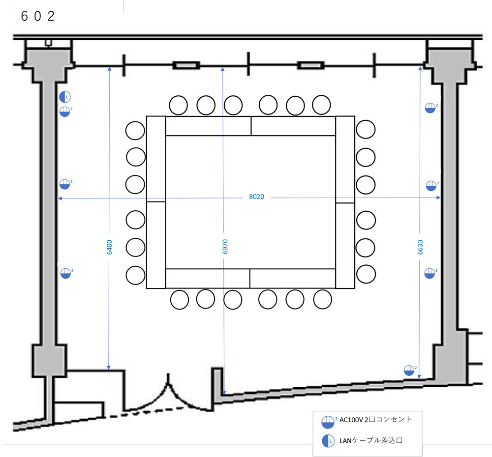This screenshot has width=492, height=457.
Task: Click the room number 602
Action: click(x=37, y=16)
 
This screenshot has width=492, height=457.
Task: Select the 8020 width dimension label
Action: click(x=256, y=197)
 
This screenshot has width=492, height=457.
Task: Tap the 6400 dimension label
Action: click(x=109, y=247)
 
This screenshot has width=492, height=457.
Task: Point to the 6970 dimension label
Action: click(x=224, y=246)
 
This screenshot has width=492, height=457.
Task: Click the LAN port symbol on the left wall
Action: click(x=65, y=97)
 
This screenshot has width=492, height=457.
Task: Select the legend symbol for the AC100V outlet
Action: click(x=328, y=422)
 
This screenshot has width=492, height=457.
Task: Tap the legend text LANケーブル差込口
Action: click(x=371, y=440)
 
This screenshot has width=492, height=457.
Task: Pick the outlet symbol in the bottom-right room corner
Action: click(x=409, y=371)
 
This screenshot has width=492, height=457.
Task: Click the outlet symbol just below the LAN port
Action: click(x=65, y=112)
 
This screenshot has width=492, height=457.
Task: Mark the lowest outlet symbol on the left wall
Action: click(x=65, y=273)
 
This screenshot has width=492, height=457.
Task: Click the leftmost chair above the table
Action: click(x=179, y=104)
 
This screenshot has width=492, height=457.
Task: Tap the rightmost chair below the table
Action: click(x=323, y=299)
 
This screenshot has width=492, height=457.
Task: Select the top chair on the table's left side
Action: click(x=135, y=131)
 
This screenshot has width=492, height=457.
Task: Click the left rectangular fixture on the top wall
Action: click(x=185, y=65)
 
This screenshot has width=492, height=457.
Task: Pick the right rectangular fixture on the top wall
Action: click(x=310, y=65)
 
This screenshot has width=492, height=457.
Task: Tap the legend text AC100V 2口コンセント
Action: click(x=375, y=420)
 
